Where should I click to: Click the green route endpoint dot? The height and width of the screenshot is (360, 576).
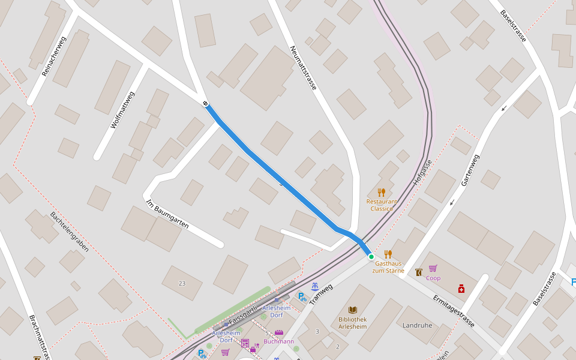[x=371, y=257]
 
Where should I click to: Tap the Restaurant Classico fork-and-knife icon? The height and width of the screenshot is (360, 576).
[x=382, y=193]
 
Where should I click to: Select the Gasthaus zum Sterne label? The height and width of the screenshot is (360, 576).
[x=388, y=267]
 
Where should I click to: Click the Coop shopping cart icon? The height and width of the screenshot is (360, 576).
[x=433, y=269]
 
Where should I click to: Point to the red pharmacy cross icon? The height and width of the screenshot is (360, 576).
[x=461, y=289]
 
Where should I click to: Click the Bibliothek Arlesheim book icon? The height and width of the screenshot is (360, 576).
[x=353, y=310]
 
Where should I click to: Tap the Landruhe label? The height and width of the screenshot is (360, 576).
[x=418, y=325]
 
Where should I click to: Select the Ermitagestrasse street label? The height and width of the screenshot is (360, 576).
[x=454, y=311]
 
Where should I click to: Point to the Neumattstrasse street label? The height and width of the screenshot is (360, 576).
[x=303, y=68]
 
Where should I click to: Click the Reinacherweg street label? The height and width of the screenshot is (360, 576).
[x=54, y=56]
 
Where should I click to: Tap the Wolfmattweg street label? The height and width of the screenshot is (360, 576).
[x=123, y=110]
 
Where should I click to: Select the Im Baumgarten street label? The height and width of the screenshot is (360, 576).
[x=167, y=214]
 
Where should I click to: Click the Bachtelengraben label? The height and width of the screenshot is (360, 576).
[x=70, y=231]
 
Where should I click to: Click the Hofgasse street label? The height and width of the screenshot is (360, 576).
[x=422, y=172]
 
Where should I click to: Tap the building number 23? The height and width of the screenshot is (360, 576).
[x=182, y=283]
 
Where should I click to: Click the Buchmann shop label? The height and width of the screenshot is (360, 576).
[x=279, y=341]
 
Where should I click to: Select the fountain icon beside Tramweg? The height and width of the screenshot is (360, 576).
[x=315, y=286]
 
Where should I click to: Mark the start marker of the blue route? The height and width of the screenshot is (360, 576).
[x=206, y=104]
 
